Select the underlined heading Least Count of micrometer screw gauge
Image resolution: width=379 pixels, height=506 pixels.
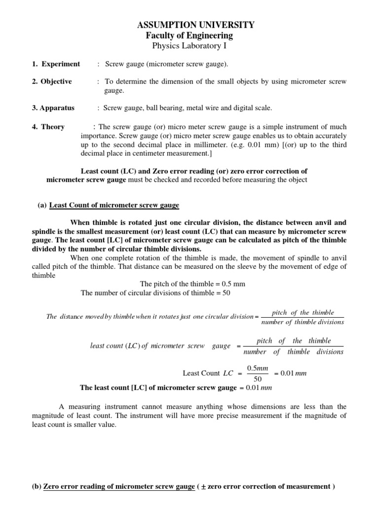point(114,205)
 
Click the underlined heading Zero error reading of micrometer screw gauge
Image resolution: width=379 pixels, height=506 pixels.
point(119,486)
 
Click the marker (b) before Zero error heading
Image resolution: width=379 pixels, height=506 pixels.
point(37,486)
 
